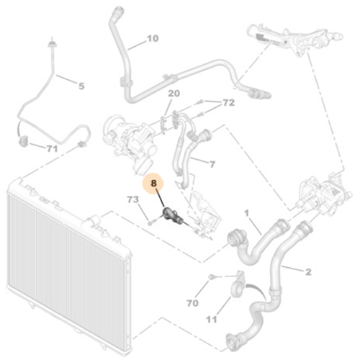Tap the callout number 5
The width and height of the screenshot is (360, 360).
point(81,86)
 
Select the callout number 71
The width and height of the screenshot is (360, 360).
point(51,149)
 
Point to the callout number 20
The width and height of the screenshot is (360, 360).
point(174,94)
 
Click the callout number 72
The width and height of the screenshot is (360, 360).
point(228,104)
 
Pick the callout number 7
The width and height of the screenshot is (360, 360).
point(212,165)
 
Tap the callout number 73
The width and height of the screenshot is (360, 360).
point(133,199)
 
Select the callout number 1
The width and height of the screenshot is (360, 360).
point(246,213)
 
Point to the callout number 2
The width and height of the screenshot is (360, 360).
point(308,271)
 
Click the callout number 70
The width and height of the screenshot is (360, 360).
point(192,303)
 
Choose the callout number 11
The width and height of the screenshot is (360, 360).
point(211,319)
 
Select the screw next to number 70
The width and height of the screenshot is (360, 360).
point(212,277)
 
